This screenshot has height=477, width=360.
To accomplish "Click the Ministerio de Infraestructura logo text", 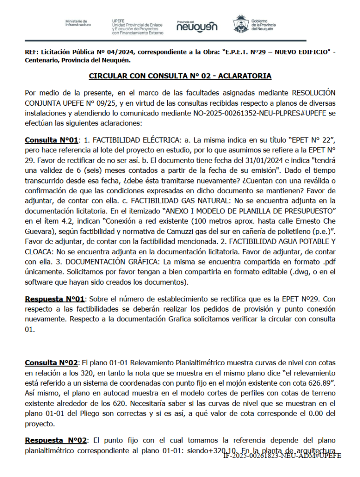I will pos(78,23).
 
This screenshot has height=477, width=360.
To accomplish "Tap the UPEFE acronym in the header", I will pos(118,21).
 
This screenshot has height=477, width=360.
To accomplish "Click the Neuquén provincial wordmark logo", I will pos(197,27).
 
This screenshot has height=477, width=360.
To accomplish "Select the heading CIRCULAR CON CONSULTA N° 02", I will pos(180,76).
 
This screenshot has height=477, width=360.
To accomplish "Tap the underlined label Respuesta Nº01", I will pos(54,299).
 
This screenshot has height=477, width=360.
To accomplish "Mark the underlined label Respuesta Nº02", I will pos(56,440).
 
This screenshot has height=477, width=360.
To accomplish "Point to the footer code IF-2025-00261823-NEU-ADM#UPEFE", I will pos(282,456).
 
